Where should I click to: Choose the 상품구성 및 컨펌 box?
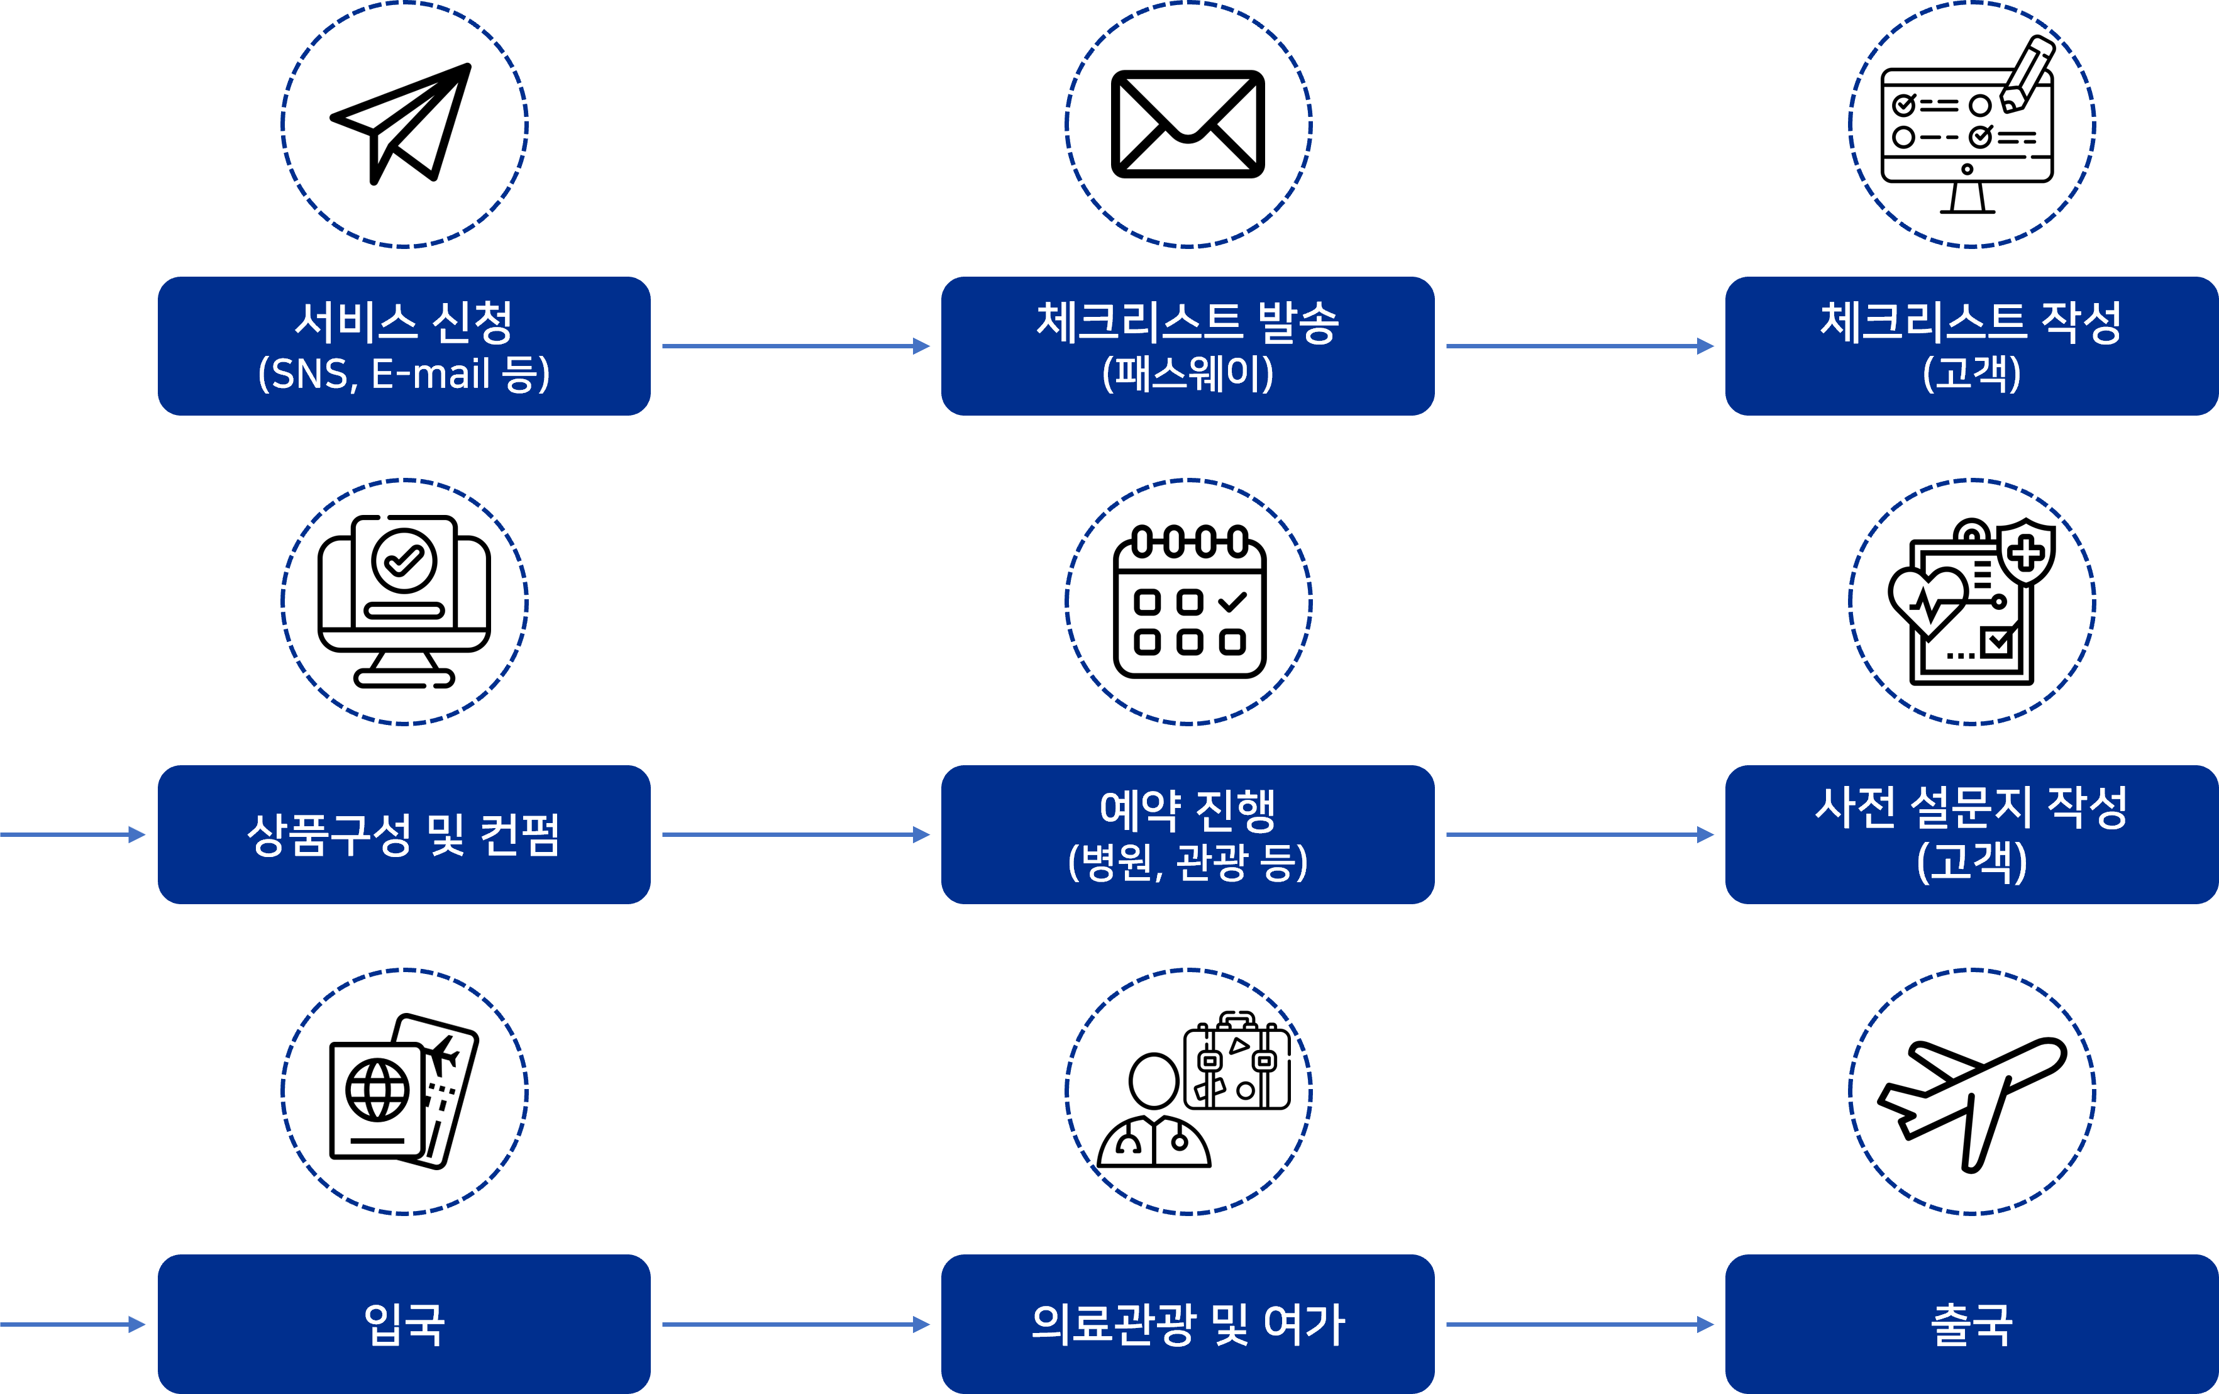[x=404, y=835]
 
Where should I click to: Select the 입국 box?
[x=404, y=1324]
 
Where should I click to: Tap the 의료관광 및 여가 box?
[x=1187, y=1324]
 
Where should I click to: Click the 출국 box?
[x=1971, y=1324]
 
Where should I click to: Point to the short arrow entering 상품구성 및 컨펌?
[x=72, y=835]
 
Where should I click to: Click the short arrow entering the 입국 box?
[x=72, y=1324]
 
